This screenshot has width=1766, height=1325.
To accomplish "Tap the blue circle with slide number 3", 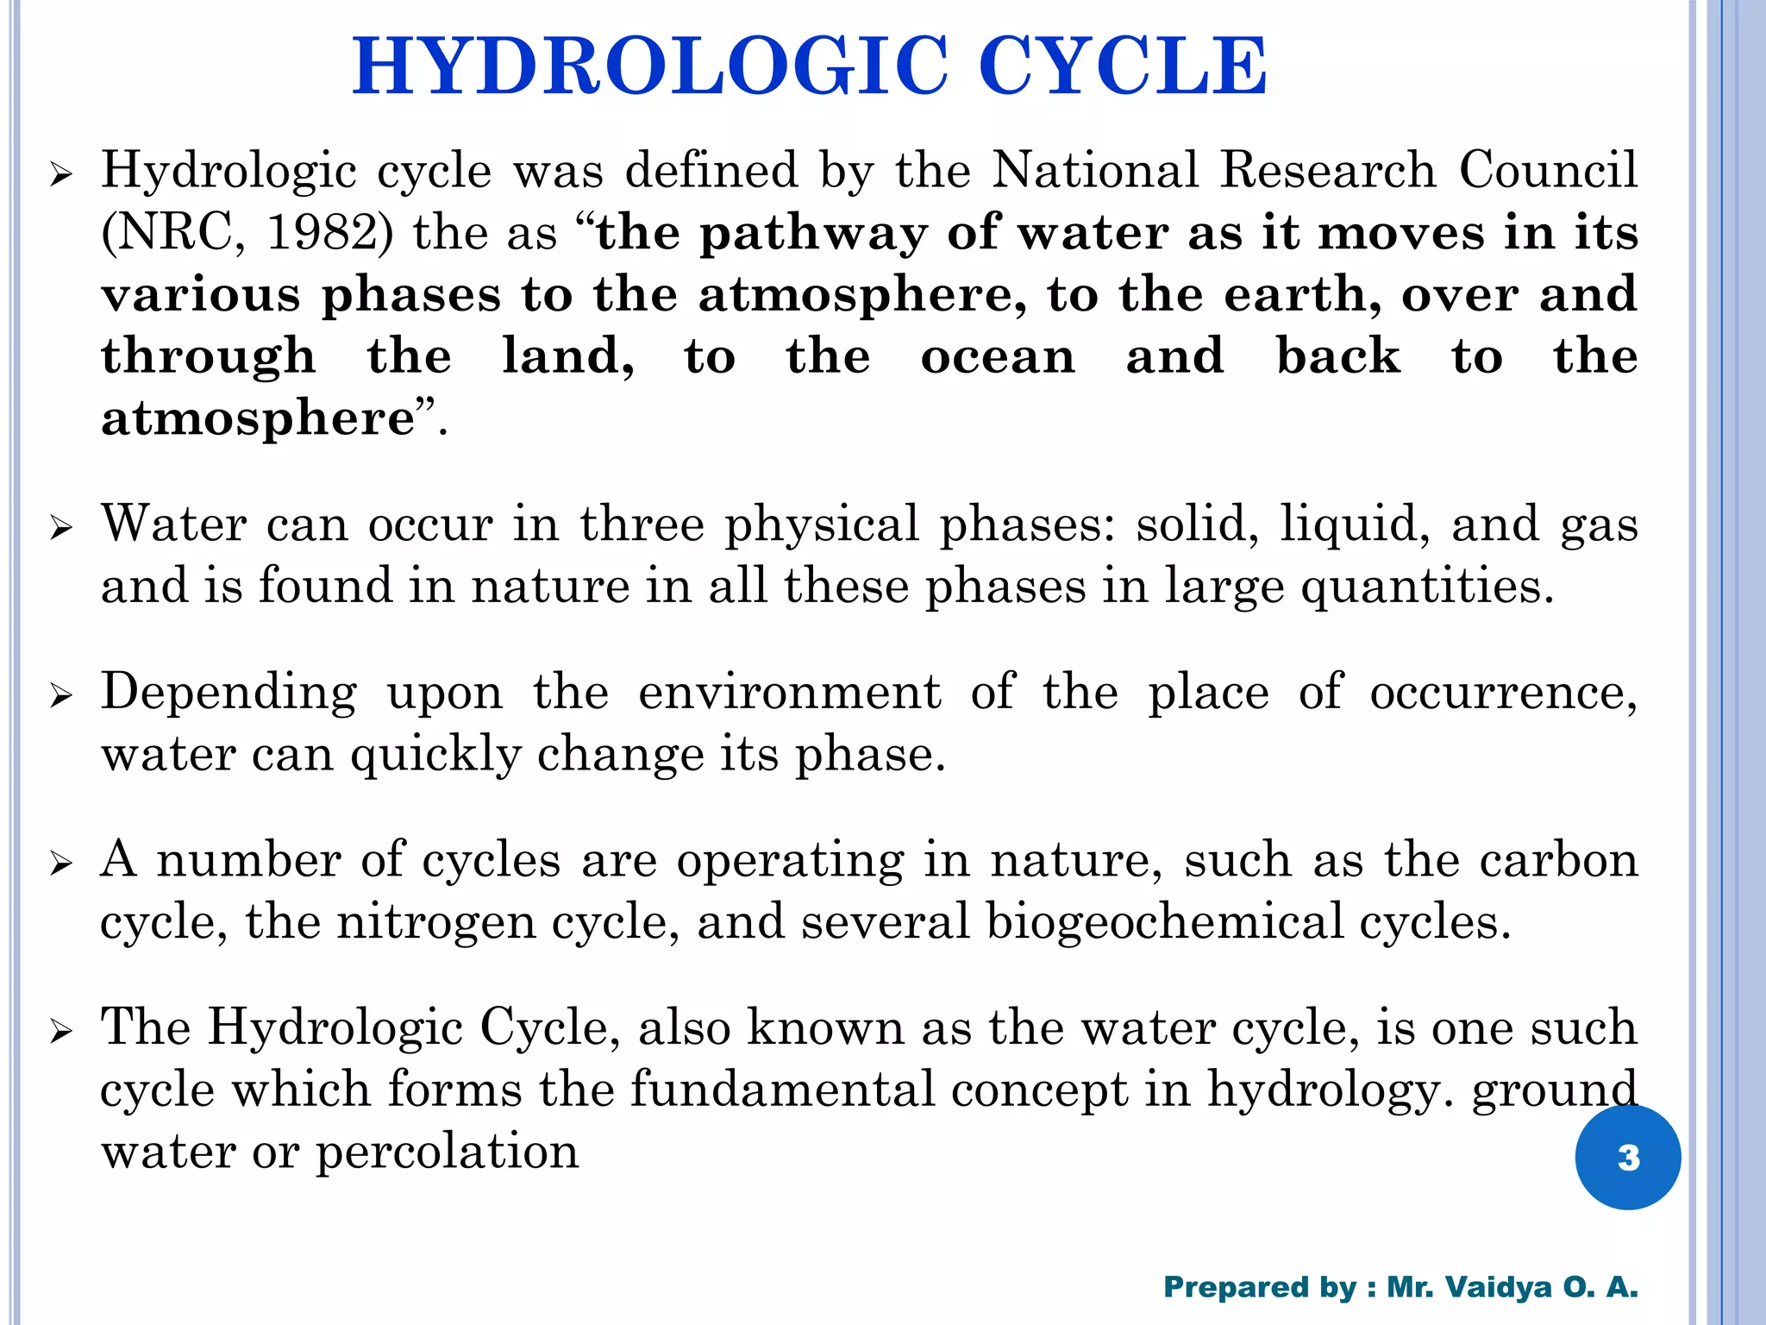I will tap(1627, 1157).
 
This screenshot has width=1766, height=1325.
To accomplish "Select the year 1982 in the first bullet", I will tap(320, 233).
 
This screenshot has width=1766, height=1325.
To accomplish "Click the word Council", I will tap(1548, 170).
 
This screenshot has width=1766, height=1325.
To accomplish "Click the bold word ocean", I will tap(998, 357).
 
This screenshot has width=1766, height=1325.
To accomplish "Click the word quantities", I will tap(1427, 587).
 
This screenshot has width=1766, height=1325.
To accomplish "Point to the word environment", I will tap(789, 692).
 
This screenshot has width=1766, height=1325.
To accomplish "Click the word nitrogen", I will tap(436, 921).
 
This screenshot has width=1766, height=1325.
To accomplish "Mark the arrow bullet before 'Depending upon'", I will tap(60, 695).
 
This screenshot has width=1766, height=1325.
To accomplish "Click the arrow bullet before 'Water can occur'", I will tap(60, 527).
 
